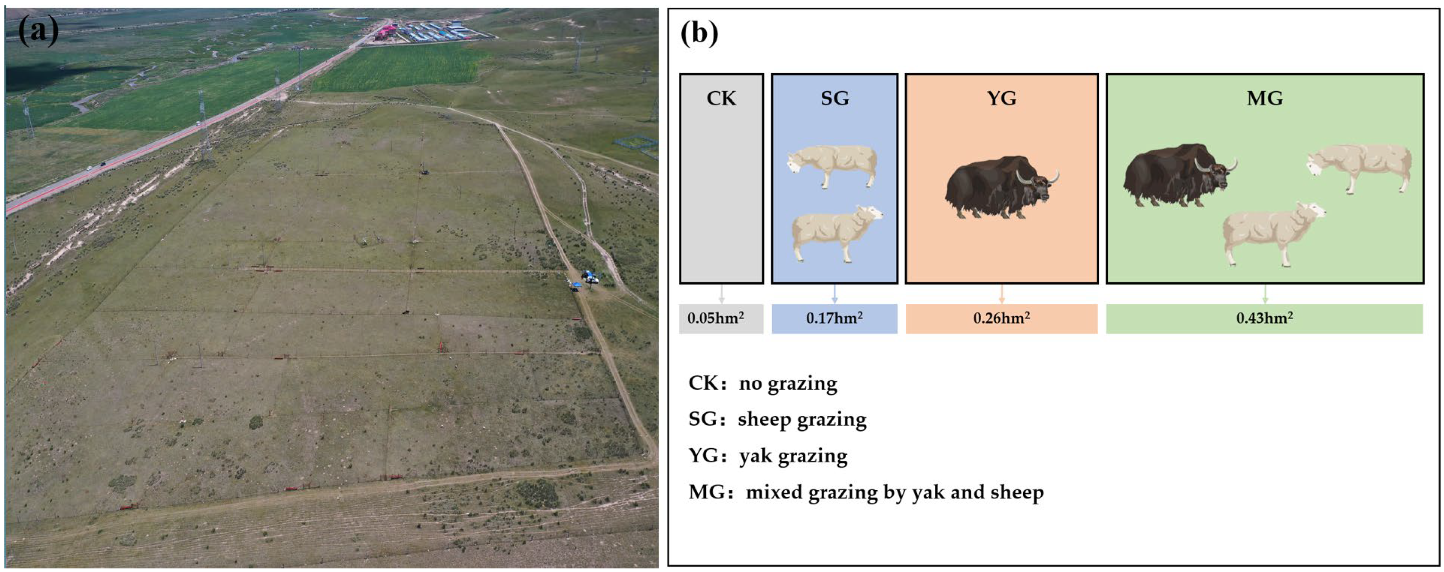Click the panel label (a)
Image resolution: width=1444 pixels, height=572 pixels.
point(38,31)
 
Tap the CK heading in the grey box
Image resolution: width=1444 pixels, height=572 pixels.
point(721,99)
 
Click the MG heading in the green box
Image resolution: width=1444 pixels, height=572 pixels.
point(1265,99)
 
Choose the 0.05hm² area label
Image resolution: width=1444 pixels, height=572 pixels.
point(716,318)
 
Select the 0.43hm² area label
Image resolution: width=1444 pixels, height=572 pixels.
point(1265,318)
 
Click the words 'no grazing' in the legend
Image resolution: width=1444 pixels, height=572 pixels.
point(788,384)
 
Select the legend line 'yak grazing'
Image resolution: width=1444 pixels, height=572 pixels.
point(768,456)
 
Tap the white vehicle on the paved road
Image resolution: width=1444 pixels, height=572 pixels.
point(198,124)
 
